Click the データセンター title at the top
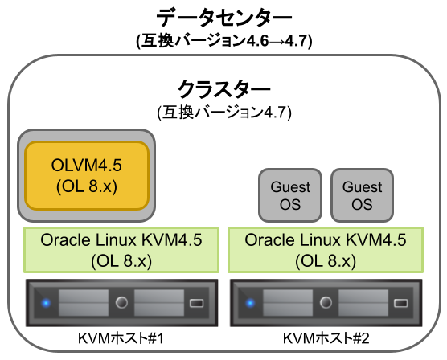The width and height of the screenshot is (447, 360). [223, 15]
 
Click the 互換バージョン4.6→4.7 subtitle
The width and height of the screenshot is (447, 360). [223, 39]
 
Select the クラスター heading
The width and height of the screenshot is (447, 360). [223, 87]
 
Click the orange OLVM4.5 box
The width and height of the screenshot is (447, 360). [87, 174]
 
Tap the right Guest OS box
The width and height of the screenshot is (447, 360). [363, 195]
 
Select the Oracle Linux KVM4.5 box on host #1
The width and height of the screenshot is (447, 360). [120, 250]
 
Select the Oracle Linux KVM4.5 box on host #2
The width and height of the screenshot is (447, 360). [325, 250]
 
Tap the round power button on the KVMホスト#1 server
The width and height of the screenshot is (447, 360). [121, 304]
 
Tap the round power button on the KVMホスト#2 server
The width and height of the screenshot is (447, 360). [326, 304]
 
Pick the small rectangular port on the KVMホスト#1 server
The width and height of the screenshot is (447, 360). [198, 304]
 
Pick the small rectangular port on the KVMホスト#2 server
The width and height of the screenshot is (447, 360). [402, 304]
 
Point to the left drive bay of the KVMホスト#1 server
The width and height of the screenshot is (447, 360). [83, 304]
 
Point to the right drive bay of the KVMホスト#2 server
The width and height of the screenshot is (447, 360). [364, 304]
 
